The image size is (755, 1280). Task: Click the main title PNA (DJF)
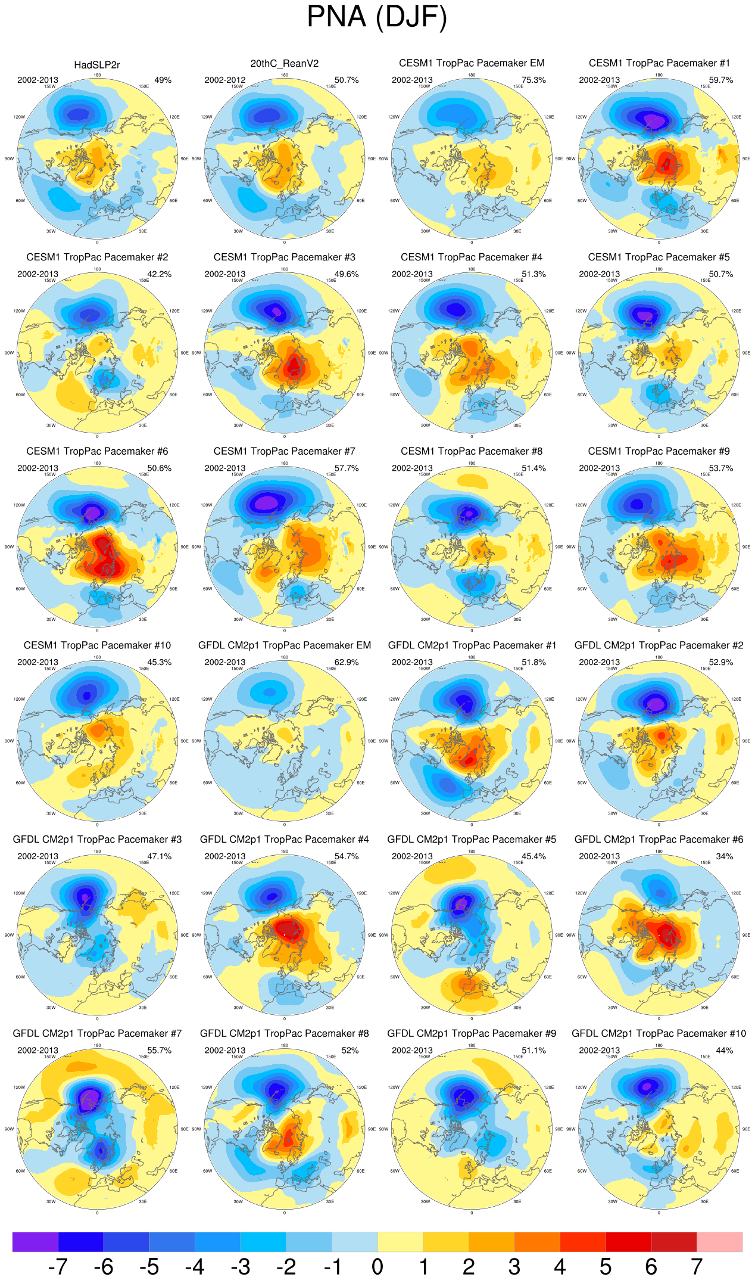[377, 17]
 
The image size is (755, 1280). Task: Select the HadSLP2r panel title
[97, 65]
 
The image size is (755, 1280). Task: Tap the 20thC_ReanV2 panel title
[285, 64]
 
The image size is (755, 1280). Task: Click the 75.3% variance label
[534, 80]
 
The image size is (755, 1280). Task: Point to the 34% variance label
[725, 856]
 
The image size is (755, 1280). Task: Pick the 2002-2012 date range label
[225, 80]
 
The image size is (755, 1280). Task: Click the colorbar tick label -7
[58, 1266]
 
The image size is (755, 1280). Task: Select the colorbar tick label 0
[377, 1266]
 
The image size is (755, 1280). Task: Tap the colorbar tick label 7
[697, 1266]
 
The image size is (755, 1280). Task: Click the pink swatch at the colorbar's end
[720, 1242]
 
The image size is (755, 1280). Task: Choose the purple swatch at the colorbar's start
[35, 1242]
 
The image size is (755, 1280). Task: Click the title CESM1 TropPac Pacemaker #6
[97, 452]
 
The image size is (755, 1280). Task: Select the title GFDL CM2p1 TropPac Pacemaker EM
[285, 645]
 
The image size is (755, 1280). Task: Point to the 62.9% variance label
[347, 663]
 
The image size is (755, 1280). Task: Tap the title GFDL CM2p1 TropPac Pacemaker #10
[659, 1033]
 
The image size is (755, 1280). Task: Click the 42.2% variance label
[160, 275]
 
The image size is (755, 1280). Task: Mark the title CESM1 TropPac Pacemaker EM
[472, 63]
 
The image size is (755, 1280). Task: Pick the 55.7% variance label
[160, 1051]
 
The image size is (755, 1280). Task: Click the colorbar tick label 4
[560, 1266]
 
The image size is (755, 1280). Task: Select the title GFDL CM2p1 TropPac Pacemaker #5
[472, 840]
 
